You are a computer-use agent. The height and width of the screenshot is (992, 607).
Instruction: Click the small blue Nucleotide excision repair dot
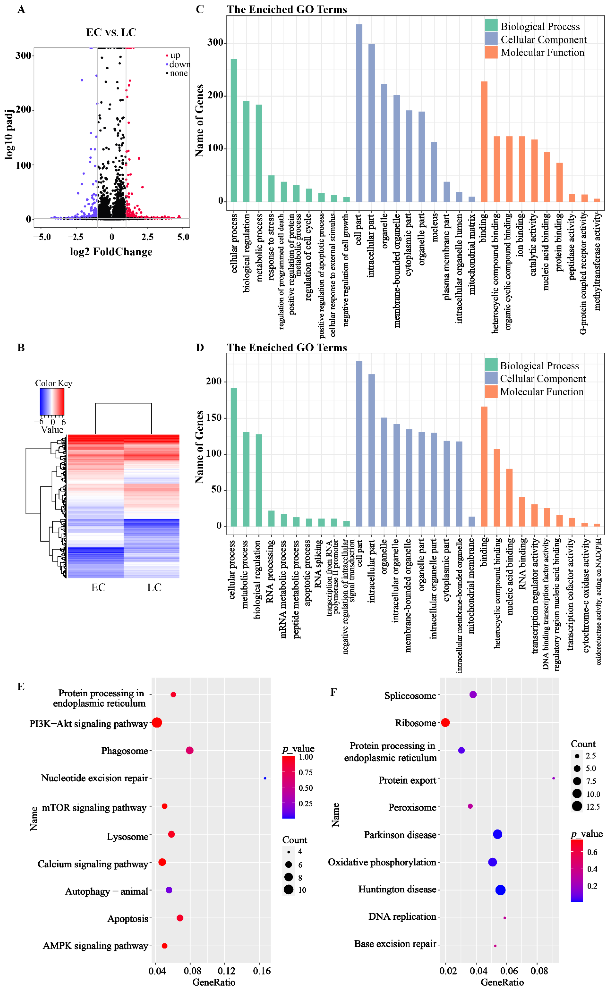coord(265,778)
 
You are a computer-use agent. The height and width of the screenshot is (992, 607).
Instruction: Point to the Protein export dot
coord(553,778)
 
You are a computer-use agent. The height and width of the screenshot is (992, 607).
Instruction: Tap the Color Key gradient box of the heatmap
coord(52,401)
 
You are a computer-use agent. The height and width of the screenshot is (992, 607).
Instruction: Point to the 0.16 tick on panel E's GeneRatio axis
coord(262,971)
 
